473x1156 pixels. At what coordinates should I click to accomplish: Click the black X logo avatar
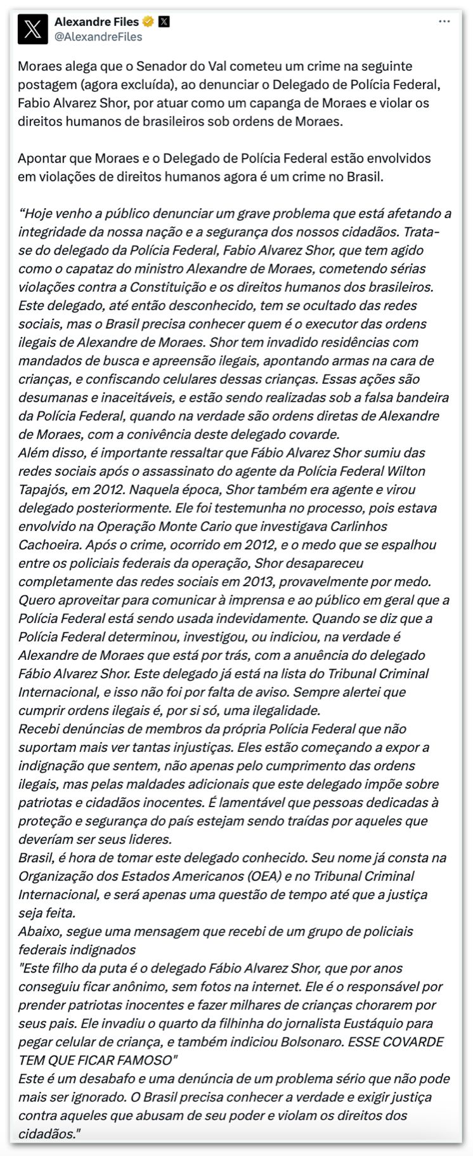click(33, 29)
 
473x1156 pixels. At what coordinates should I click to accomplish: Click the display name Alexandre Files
click(96, 22)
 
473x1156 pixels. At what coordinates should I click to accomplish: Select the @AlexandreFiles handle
click(98, 37)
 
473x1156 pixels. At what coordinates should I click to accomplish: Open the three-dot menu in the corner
click(445, 22)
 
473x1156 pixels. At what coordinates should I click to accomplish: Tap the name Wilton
click(405, 471)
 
